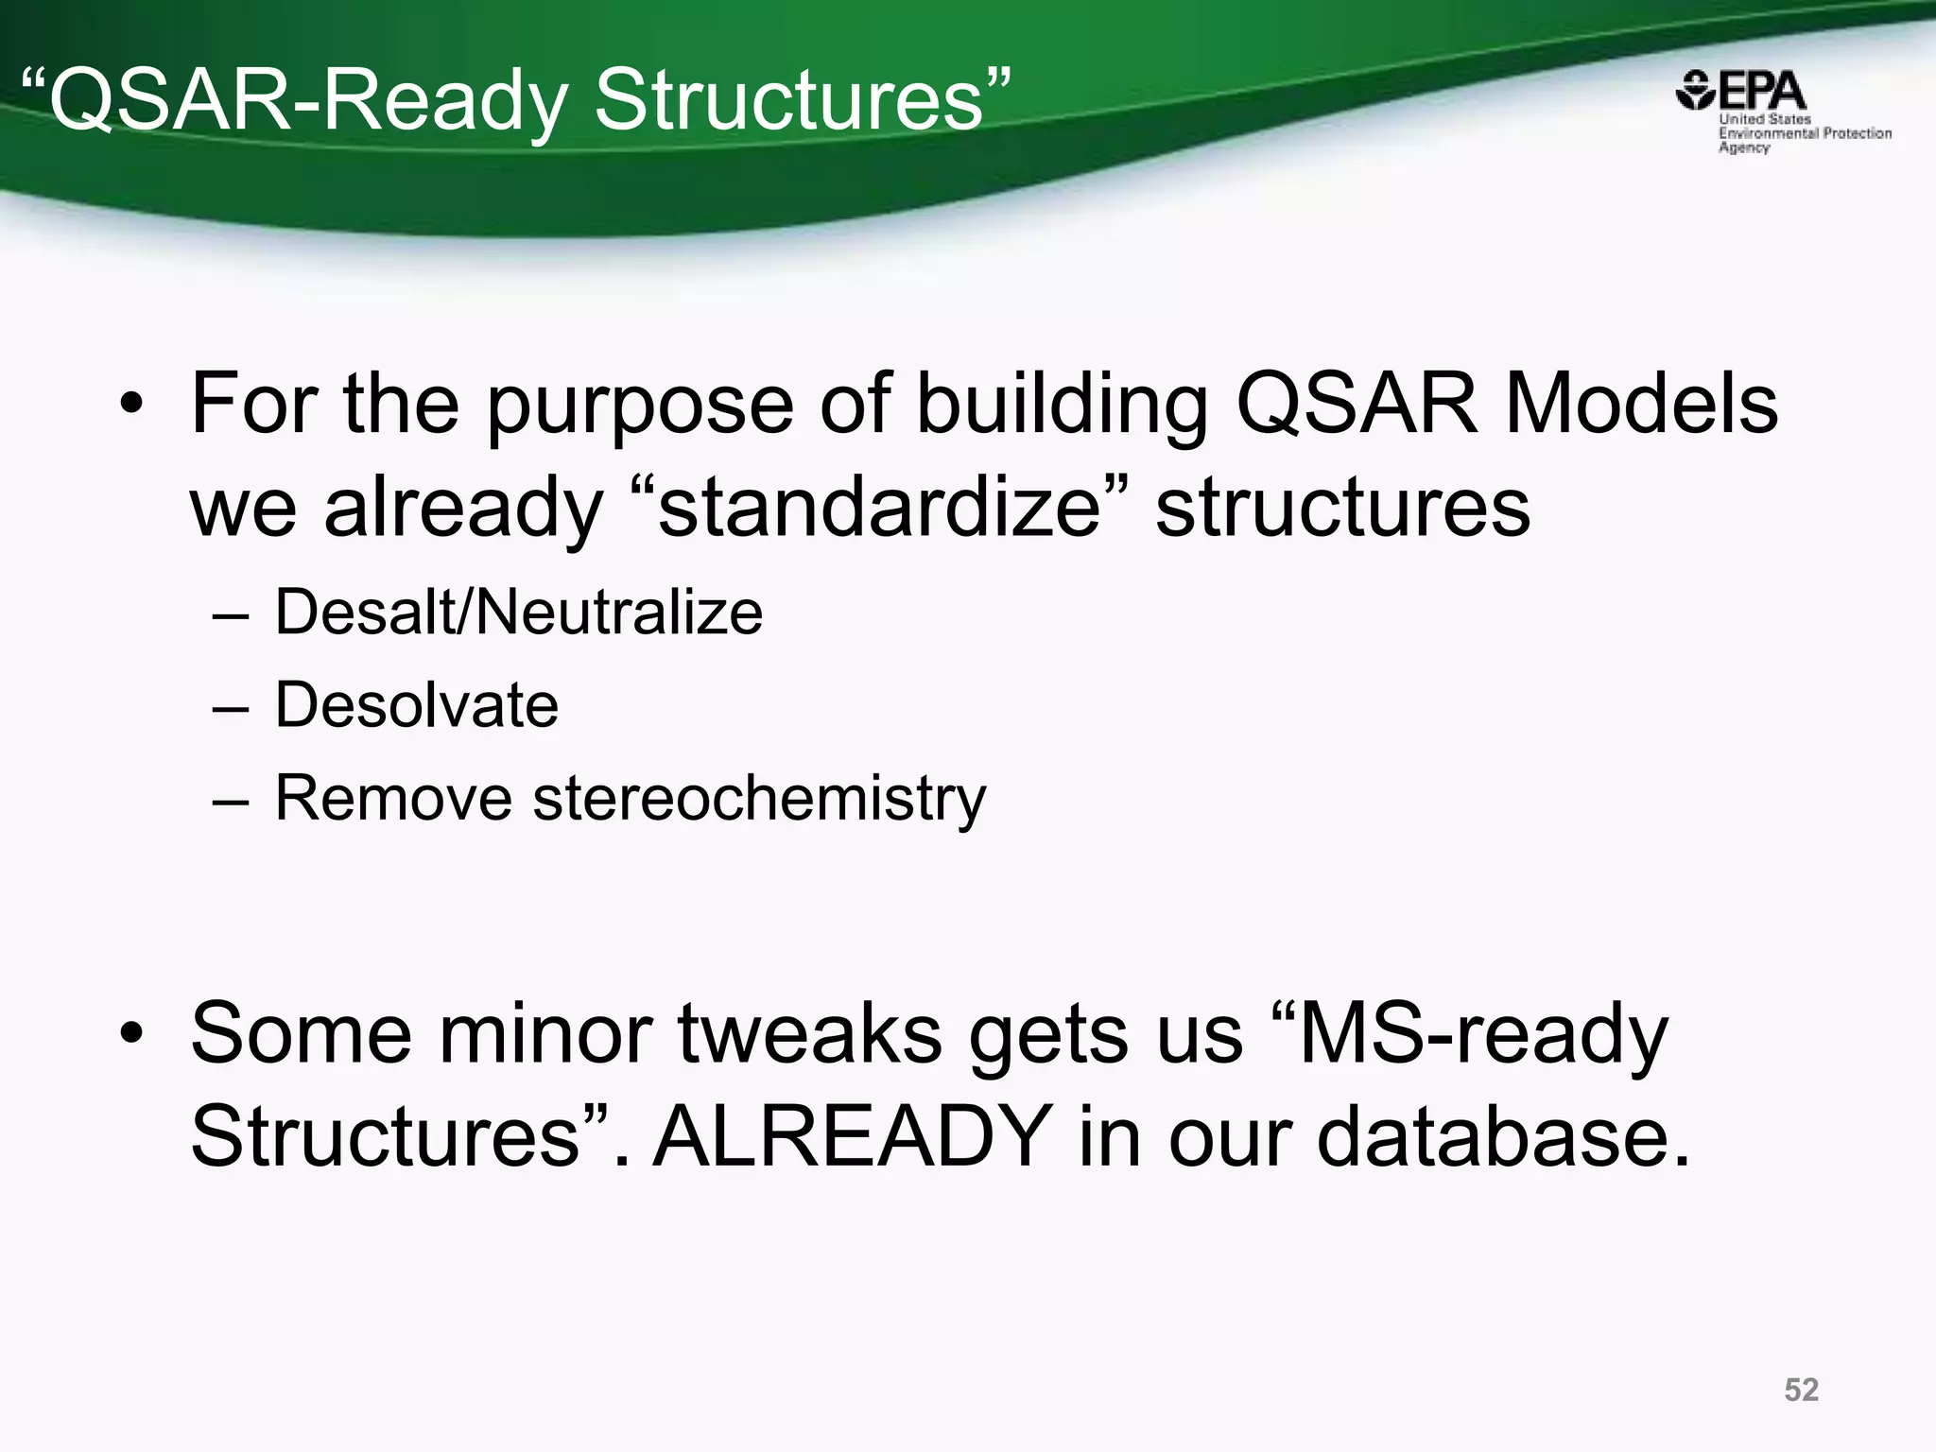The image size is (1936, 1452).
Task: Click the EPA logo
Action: (x=1741, y=92)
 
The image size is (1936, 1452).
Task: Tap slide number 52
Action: (x=1801, y=1390)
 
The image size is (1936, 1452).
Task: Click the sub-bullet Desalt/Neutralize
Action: (x=518, y=613)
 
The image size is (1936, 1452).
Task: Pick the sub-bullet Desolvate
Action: (x=417, y=705)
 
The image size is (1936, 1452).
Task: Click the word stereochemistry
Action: (x=759, y=799)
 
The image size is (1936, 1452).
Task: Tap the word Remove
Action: (x=392, y=799)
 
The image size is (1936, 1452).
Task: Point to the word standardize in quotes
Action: (x=879, y=508)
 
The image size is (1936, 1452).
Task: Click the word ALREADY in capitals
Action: (x=853, y=1135)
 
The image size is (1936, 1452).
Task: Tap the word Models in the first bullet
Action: (x=1641, y=404)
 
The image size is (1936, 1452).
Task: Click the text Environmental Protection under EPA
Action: (x=1805, y=133)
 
